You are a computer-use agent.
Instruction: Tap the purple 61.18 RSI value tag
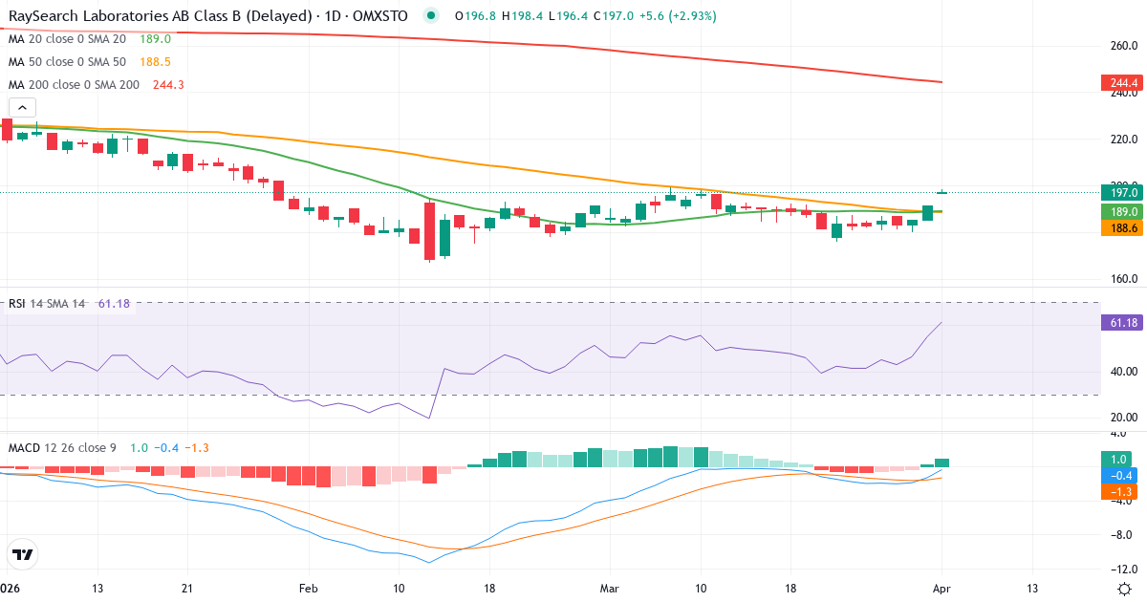[x=1119, y=323]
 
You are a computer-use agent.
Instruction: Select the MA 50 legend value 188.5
[x=156, y=61]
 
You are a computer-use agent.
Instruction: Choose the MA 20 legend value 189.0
[x=155, y=39]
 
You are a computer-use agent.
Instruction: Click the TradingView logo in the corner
[x=23, y=553]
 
